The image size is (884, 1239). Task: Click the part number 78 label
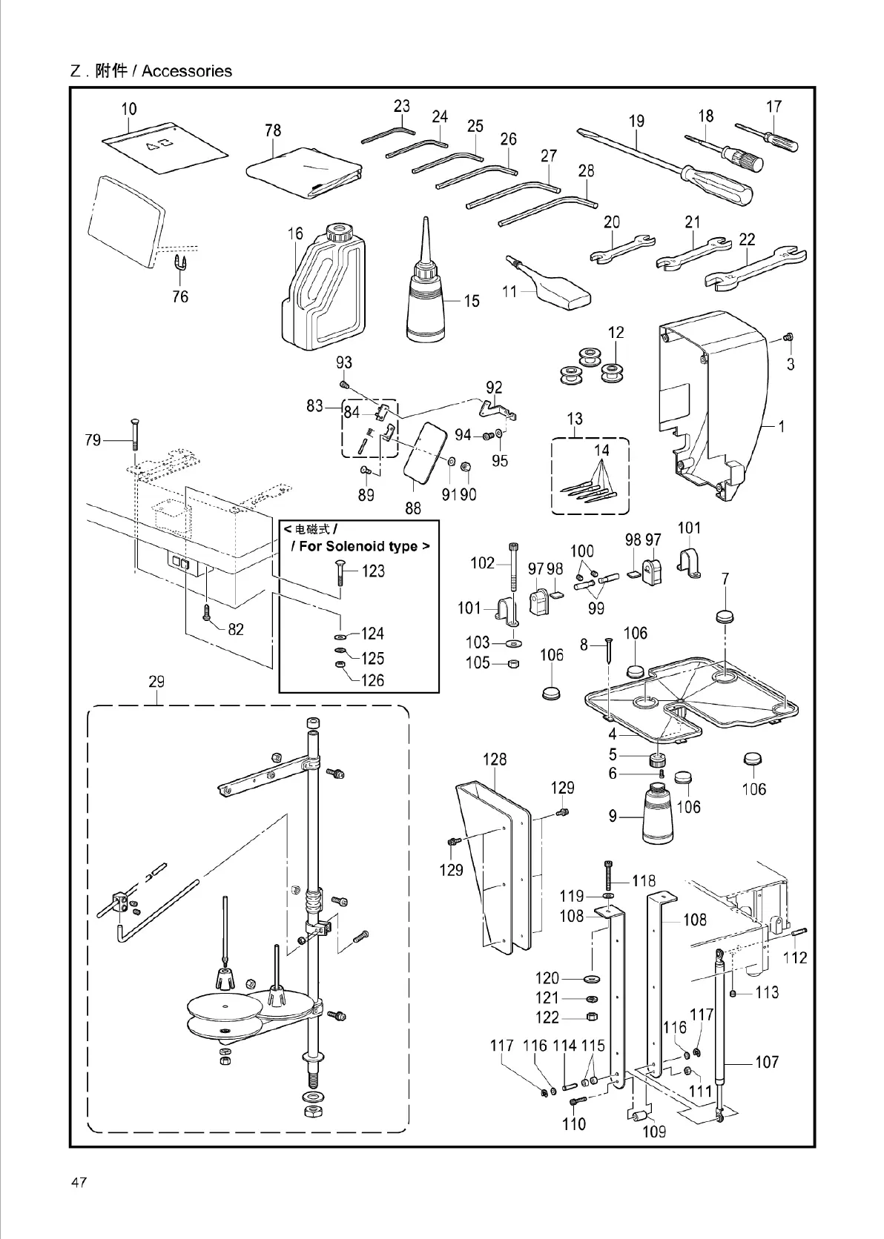click(273, 130)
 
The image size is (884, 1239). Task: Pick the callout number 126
click(373, 680)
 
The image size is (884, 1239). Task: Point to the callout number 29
click(156, 682)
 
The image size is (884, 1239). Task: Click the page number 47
click(79, 1182)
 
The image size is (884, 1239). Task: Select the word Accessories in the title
click(187, 71)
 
